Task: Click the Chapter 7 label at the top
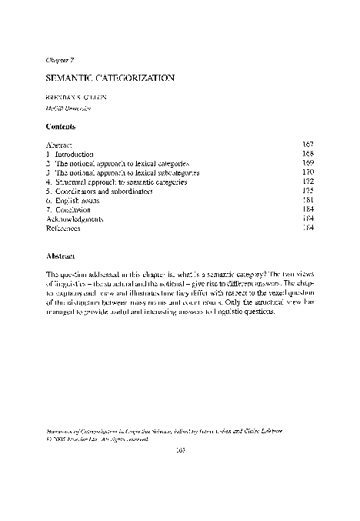click(60, 58)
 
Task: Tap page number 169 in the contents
click(308, 163)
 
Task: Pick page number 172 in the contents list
click(308, 182)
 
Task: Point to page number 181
click(308, 200)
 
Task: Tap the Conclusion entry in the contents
click(73, 209)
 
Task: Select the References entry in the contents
click(65, 228)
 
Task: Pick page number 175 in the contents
click(308, 191)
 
